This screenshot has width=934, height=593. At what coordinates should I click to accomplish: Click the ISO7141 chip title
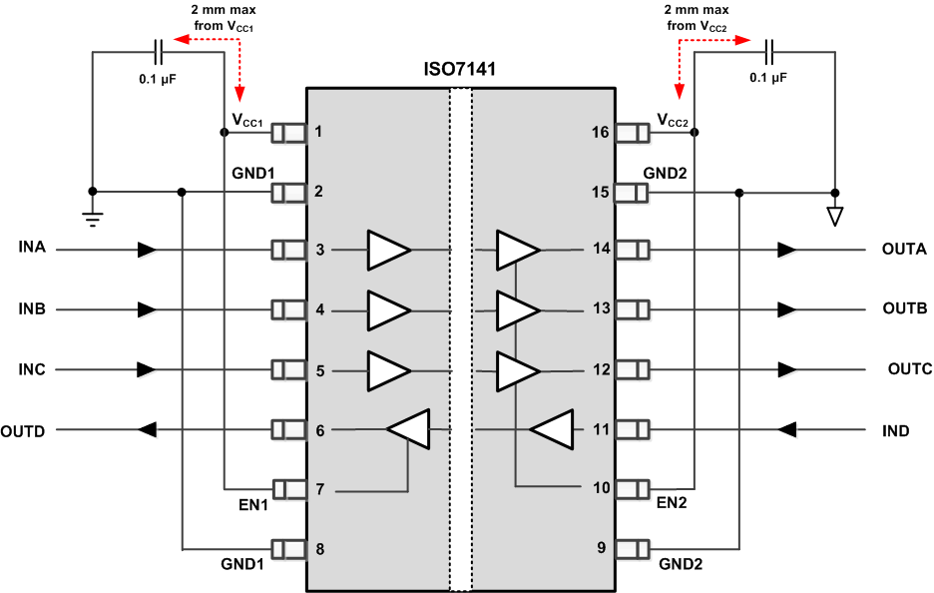(x=459, y=72)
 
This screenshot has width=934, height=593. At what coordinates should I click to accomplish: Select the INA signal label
(x=34, y=248)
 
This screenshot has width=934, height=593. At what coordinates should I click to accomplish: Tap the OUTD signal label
(x=29, y=431)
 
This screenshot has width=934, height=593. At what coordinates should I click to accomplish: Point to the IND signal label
(x=896, y=431)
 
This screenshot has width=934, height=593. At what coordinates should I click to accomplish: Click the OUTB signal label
(x=905, y=308)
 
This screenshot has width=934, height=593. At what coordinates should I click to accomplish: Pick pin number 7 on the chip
(x=319, y=489)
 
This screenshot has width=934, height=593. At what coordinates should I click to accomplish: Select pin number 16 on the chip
(x=600, y=131)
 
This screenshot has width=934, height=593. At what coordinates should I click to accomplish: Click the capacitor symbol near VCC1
(x=159, y=52)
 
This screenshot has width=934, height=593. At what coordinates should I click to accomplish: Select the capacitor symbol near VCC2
(x=769, y=52)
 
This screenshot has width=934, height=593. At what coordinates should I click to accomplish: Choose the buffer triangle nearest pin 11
(x=551, y=430)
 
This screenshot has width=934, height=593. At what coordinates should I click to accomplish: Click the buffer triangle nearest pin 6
(x=408, y=429)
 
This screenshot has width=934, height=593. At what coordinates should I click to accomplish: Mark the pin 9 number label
(x=600, y=547)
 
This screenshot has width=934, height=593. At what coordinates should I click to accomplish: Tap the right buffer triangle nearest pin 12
(x=517, y=370)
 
